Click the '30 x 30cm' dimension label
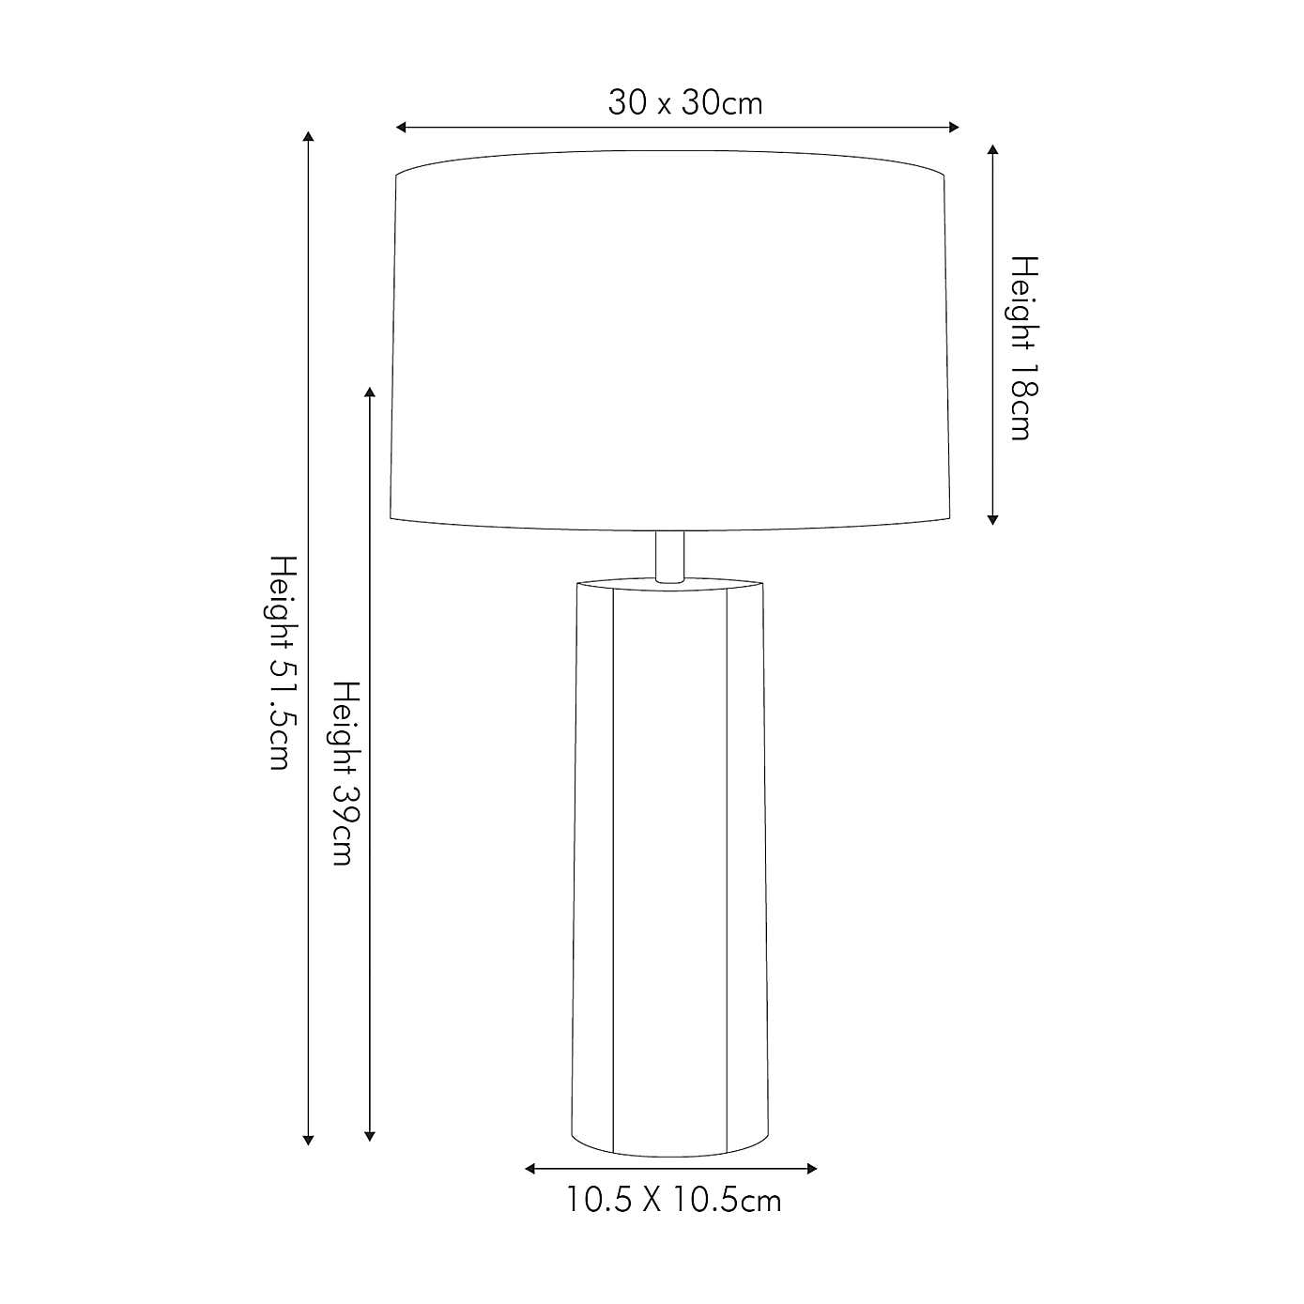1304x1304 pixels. point(684,103)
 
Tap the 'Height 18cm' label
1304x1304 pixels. point(1024,347)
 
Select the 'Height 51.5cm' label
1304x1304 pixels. point(284,663)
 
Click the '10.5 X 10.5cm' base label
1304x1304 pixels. point(673,1201)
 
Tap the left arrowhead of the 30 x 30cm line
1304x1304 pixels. point(401,128)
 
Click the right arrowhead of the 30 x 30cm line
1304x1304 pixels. point(954,128)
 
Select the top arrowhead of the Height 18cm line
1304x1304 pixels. point(992,149)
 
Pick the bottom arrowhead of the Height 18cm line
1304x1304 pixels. point(992,520)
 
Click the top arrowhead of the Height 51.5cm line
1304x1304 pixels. point(308,137)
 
